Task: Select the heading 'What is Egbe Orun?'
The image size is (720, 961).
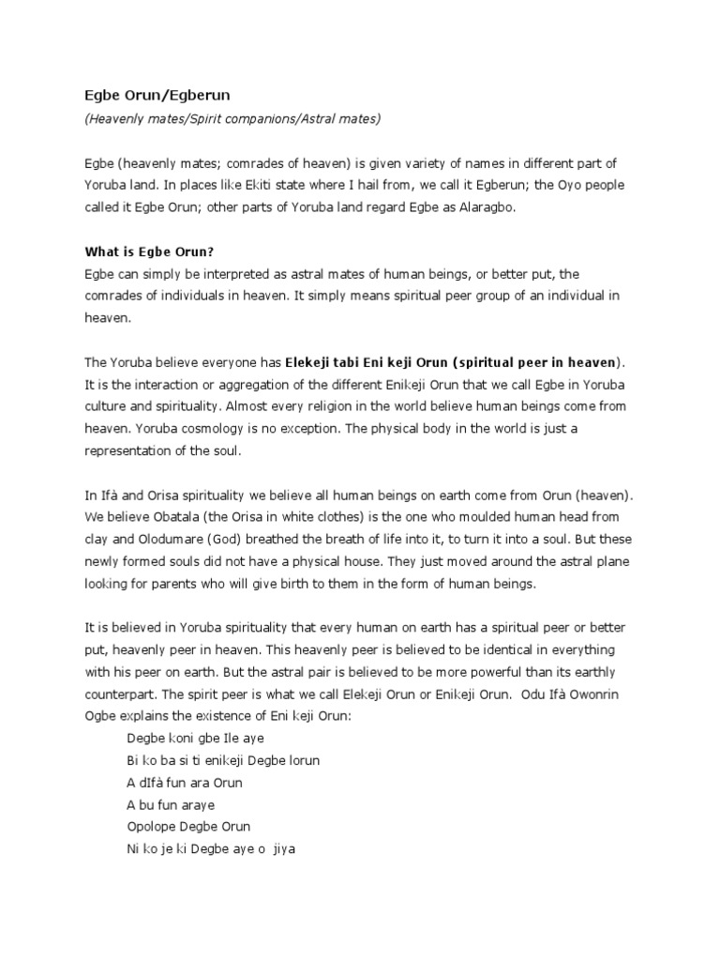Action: pyautogui.click(x=150, y=251)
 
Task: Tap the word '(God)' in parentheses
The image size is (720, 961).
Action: pyautogui.click(x=207, y=538)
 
